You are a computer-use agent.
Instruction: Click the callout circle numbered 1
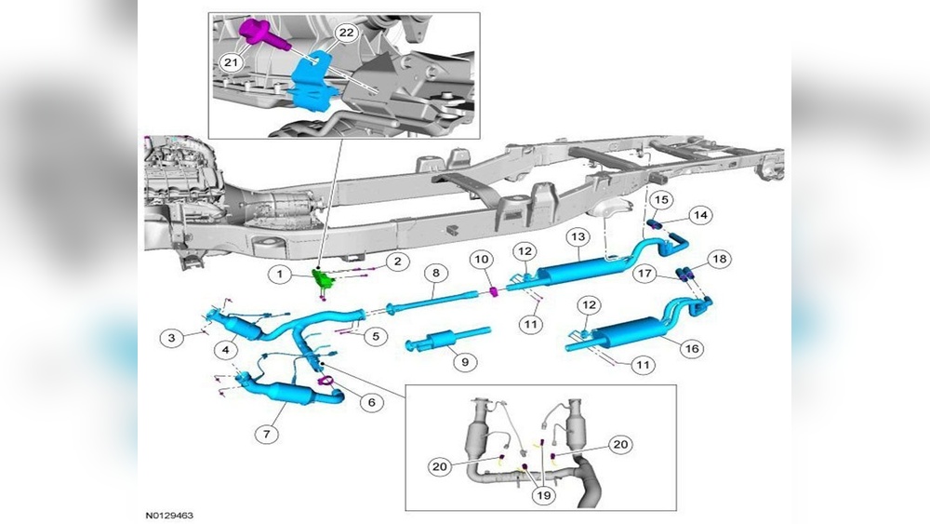click(x=278, y=274)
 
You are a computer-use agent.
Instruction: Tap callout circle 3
click(x=171, y=338)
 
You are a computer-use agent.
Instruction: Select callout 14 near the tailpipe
click(x=700, y=215)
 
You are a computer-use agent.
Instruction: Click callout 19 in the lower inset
click(x=544, y=496)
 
